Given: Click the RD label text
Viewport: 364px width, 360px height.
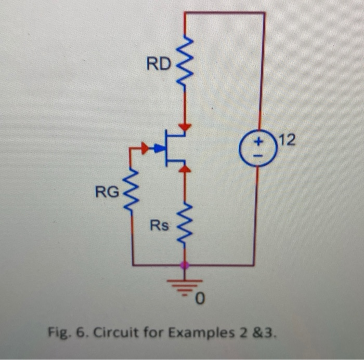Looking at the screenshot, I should click(x=158, y=64).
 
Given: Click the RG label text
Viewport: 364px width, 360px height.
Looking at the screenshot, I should click(x=107, y=193).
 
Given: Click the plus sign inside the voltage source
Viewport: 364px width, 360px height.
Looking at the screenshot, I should click(x=257, y=140).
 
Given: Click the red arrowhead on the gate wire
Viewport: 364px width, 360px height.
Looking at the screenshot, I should click(x=144, y=149).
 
